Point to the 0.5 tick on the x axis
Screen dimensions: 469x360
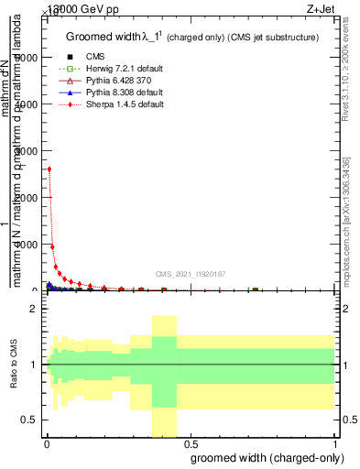tap(191, 444)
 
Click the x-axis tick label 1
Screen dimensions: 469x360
tap(335, 444)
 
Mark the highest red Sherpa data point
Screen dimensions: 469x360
tap(49, 169)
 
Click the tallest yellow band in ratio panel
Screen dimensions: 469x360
tap(164, 376)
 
